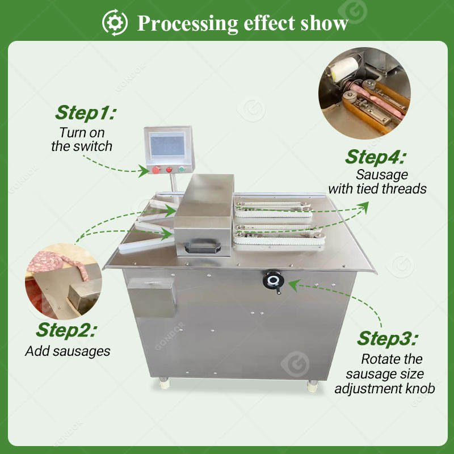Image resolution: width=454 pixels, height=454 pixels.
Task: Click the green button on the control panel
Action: [x=182, y=169]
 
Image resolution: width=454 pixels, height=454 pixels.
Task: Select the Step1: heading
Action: [x=85, y=112]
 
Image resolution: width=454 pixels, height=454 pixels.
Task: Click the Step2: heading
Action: [x=66, y=329]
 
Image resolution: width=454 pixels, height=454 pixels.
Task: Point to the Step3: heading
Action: [x=388, y=338]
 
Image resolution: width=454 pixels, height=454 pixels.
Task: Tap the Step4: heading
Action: [x=376, y=156]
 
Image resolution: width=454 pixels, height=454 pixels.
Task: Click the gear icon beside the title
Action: [x=115, y=22]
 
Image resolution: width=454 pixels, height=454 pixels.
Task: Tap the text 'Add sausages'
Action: [x=68, y=351]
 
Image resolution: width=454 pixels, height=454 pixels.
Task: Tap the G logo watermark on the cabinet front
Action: [x=296, y=364]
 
